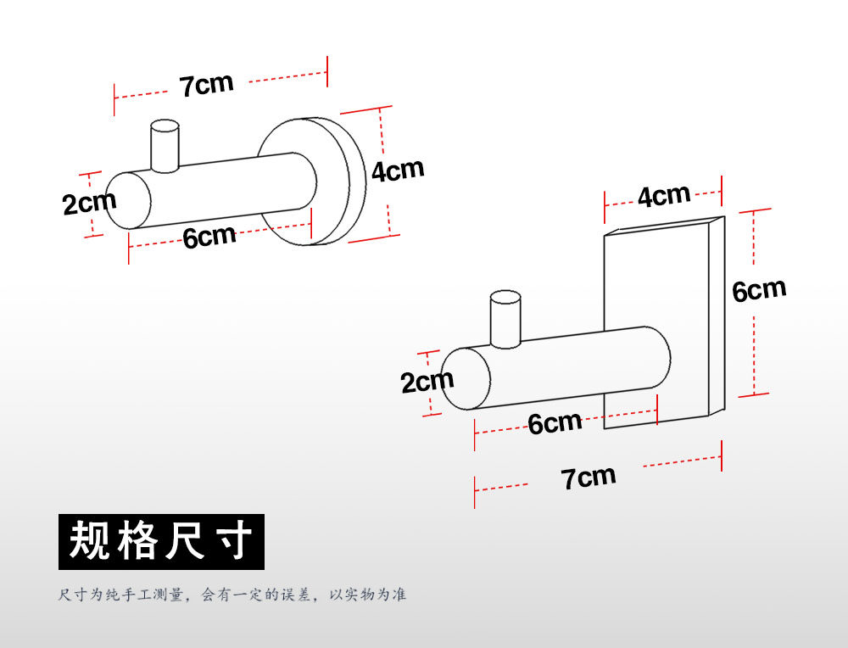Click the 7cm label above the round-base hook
(205, 86)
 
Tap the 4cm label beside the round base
(398, 170)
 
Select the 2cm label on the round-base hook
(88, 204)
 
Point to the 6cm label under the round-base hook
(209, 237)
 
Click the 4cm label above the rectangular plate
(664, 197)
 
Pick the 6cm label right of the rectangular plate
(759, 290)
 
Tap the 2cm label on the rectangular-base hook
(427, 382)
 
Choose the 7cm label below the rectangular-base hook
(589, 478)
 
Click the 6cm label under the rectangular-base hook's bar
(555, 422)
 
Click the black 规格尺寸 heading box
(161, 541)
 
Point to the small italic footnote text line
(232, 595)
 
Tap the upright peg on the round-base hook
(165, 146)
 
